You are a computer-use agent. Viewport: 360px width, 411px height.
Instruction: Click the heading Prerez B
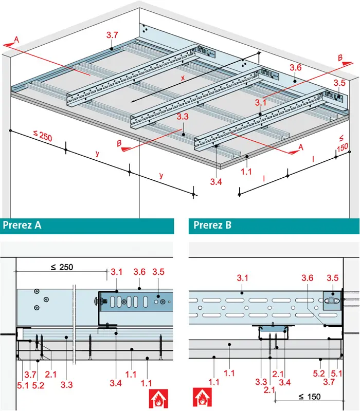pos(211,225)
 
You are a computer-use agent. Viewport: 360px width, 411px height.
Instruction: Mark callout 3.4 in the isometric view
pos(217,181)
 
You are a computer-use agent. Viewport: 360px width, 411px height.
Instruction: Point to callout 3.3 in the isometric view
pos(183,117)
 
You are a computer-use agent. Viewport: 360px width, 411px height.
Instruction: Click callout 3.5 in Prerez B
pos(333,277)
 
